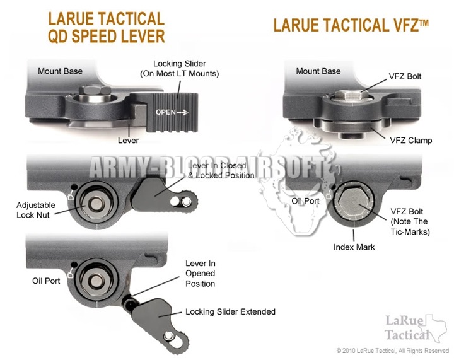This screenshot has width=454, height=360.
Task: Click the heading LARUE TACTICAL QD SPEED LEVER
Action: click(106, 27)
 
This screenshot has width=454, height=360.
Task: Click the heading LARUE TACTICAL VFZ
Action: click(351, 25)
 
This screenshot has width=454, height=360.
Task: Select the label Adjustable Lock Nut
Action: click(37, 210)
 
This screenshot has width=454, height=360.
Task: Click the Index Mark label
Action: click(354, 247)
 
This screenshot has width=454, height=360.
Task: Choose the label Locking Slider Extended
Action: click(230, 311)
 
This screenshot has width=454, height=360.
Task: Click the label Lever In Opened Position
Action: click(200, 273)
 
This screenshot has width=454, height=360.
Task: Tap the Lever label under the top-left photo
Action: click(128, 140)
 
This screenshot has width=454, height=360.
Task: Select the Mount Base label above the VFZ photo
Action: click(318, 71)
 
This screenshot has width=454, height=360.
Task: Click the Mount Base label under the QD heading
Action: click(60, 71)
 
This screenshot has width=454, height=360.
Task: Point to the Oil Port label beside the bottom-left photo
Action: click(46, 280)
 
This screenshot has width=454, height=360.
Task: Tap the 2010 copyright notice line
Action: click(392, 351)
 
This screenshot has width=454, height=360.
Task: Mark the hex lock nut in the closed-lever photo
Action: click(99, 204)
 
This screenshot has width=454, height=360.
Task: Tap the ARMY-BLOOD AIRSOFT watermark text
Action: click(208, 168)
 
